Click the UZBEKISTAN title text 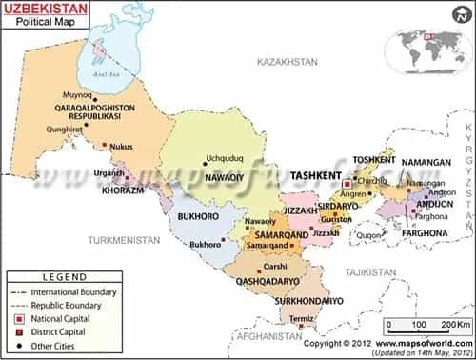pos(46,10)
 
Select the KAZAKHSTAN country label pos(287,61)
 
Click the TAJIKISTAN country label pos(367,272)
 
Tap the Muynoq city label pos(77,96)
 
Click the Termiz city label pos(300,317)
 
